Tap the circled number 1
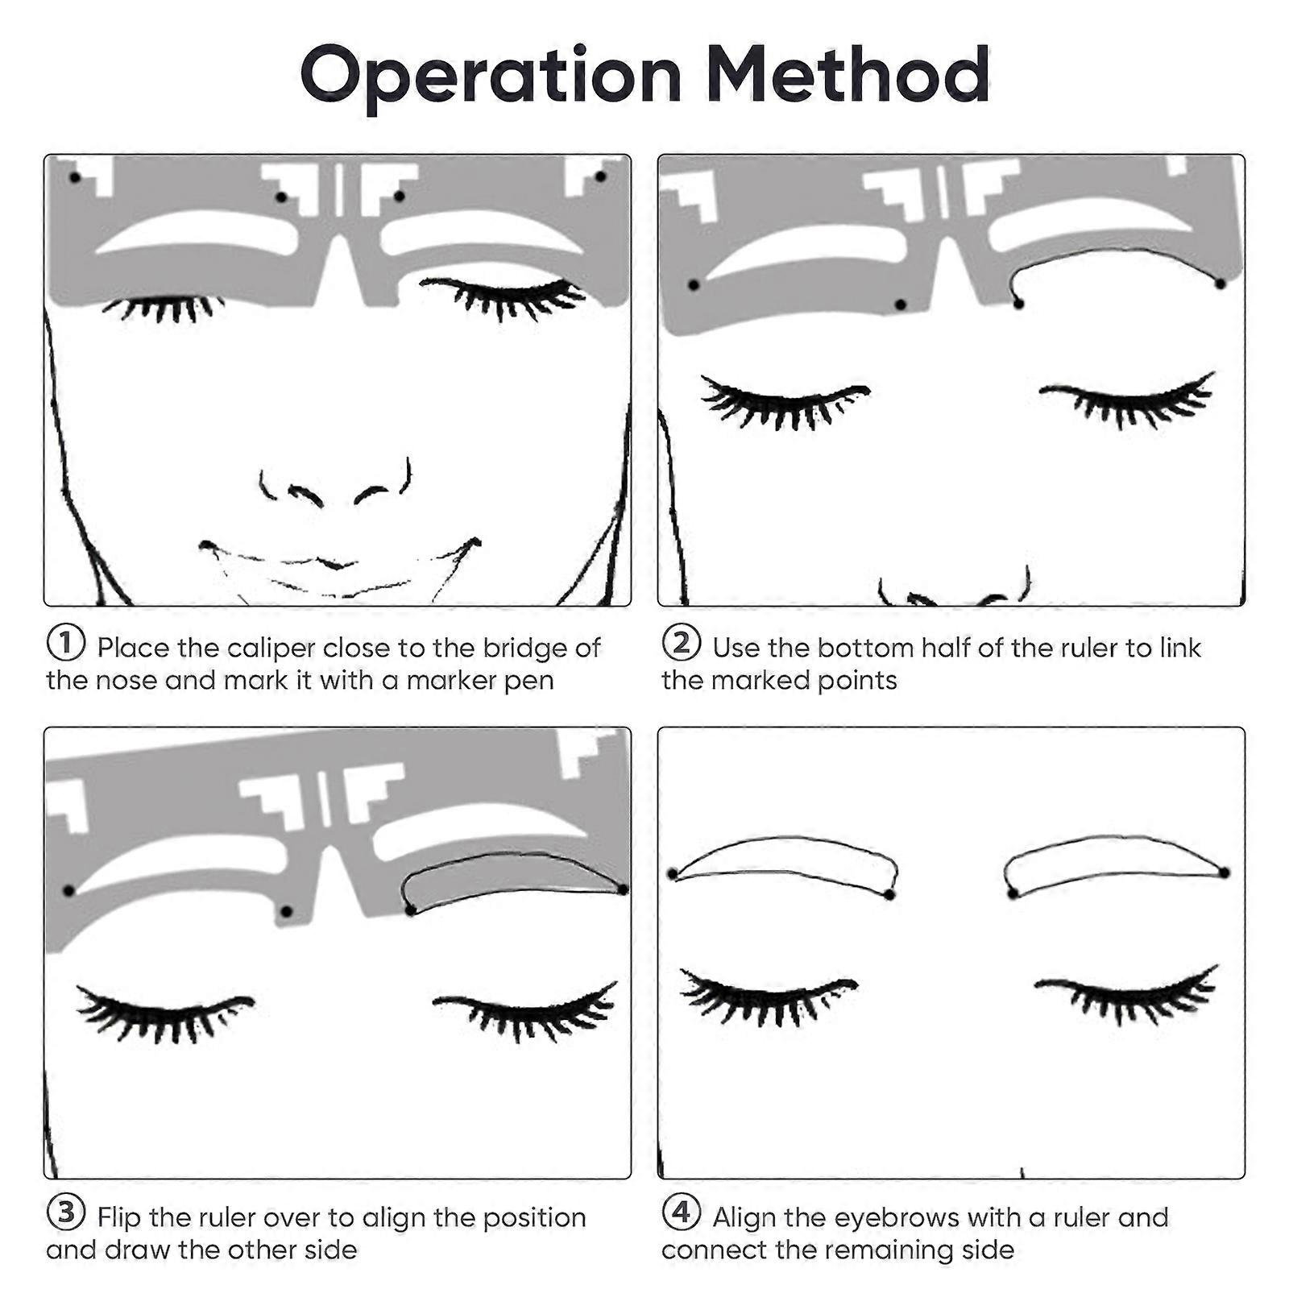click(x=66, y=644)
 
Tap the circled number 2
click(x=682, y=644)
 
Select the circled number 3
click(x=66, y=1212)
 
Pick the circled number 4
click(x=682, y=1212)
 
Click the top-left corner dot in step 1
click(x=75, y=176)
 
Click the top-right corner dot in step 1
click(x=599, y=176)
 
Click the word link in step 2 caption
click(x=1180, y=648)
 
